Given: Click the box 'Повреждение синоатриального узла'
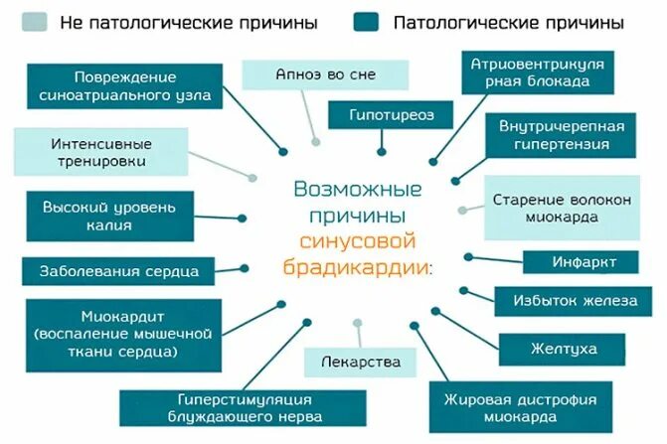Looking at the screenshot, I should coord(124,86).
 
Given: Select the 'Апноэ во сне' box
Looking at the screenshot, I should coord(325,74).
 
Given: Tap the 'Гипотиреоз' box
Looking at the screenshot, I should coord(392,116).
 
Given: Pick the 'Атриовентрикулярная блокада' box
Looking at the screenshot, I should coord(538,74).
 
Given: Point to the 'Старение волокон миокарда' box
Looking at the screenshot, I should coord(562,208).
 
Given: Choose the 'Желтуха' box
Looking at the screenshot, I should coord(562,349).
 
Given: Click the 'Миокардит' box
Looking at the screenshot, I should coord(123,334).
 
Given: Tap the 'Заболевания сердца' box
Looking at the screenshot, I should coord(119,270).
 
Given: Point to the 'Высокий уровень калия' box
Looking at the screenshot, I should coord(108,217).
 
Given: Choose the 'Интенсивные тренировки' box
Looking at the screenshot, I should coord(98,152).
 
